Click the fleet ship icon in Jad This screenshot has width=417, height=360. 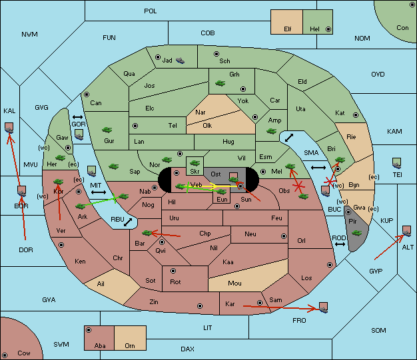180,61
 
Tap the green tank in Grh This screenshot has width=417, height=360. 220,83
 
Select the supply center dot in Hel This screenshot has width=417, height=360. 328,29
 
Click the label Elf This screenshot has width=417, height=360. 288,29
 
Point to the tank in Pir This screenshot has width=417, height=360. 356,233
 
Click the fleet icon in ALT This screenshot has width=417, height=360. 406,231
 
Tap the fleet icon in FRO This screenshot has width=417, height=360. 323,307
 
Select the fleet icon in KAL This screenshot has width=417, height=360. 9,128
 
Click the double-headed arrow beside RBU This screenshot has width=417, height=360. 128,222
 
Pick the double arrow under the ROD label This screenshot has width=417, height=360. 340,244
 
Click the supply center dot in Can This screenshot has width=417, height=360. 87,94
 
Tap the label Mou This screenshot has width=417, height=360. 234,283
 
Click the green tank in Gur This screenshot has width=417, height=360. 107,130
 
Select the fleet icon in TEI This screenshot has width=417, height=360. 396,163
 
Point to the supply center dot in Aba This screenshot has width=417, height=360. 89,330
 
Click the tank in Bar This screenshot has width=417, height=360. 147,233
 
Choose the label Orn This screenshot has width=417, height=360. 130,345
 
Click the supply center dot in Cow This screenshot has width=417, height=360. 5,355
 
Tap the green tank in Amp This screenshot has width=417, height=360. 272,131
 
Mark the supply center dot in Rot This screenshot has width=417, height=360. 173,271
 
